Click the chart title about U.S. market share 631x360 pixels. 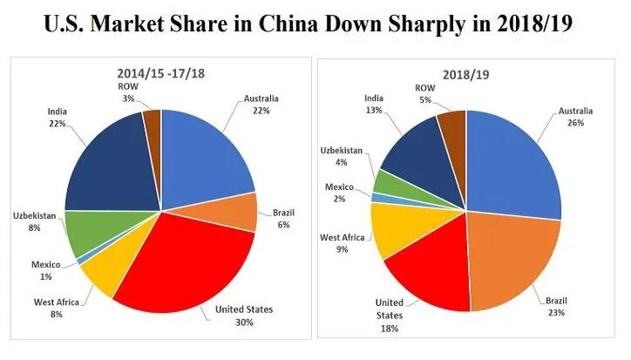(x=315, y=24)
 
